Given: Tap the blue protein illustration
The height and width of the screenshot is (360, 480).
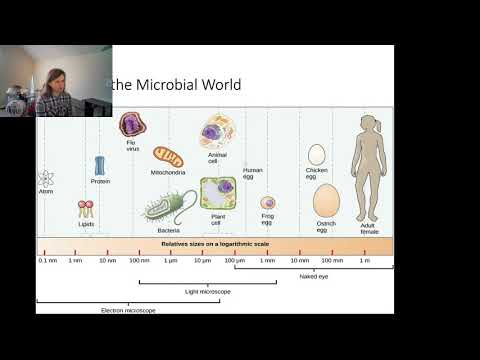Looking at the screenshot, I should pyautogui.click(x=100, y=165).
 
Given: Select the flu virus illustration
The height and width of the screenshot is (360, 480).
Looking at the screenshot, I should pyautogui.click(x=132, y=125).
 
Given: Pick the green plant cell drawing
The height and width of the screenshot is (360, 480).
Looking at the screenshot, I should pyautogui.click(x=217, y=192).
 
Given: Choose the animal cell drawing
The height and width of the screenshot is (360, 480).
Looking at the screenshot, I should pyautogui.click(x=216, y=132).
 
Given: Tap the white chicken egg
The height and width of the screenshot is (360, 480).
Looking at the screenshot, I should pyautogui.click(x=317, y=154).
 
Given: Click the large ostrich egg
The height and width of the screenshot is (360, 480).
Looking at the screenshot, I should pyautogui.click(x=326, y=199).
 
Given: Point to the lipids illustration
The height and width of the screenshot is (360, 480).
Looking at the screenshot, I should pyautogui.click(x=87, y=210).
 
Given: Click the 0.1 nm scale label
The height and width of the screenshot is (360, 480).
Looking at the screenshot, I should pyautogui.click(x=46, y=261).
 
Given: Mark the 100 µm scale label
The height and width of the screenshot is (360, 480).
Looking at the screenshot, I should pyautogui.click(x=234, y=261).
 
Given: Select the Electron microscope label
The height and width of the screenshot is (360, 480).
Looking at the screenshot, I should pyautogui.click(x=127, y=310).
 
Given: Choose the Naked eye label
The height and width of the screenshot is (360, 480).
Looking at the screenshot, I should pyautogui.click(x=314, y=276).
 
